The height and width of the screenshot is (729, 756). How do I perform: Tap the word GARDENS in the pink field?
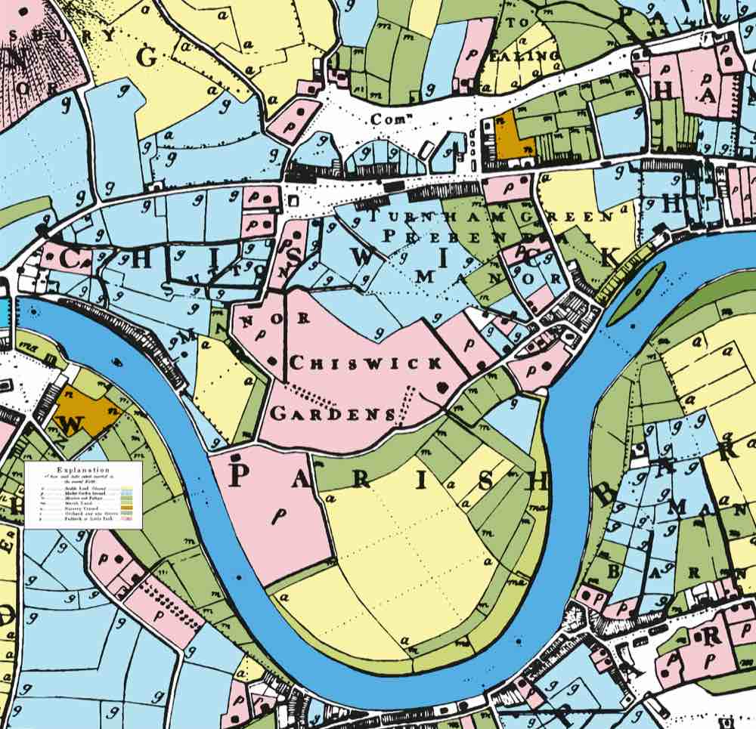click(x=333, y=413)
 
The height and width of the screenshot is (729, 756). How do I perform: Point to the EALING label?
click(x=534, y=54)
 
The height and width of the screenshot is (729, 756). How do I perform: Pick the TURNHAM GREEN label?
click(x=491, y=215)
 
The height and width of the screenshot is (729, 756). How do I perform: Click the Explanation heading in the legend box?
click(x=83, y=469)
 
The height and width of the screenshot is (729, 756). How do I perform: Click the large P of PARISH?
click(x=237, y=476)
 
